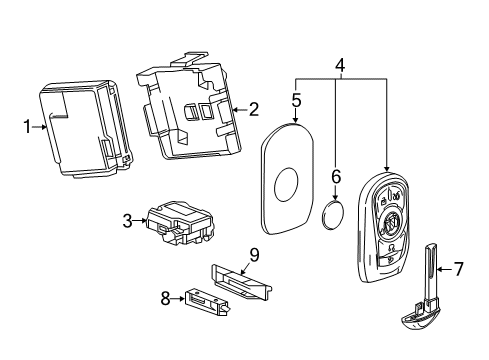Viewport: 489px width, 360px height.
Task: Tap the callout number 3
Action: (x=128, y=220)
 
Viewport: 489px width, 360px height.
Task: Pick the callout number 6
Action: (x=336, y=176)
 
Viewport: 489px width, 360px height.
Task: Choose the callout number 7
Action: (x=459, y=269)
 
